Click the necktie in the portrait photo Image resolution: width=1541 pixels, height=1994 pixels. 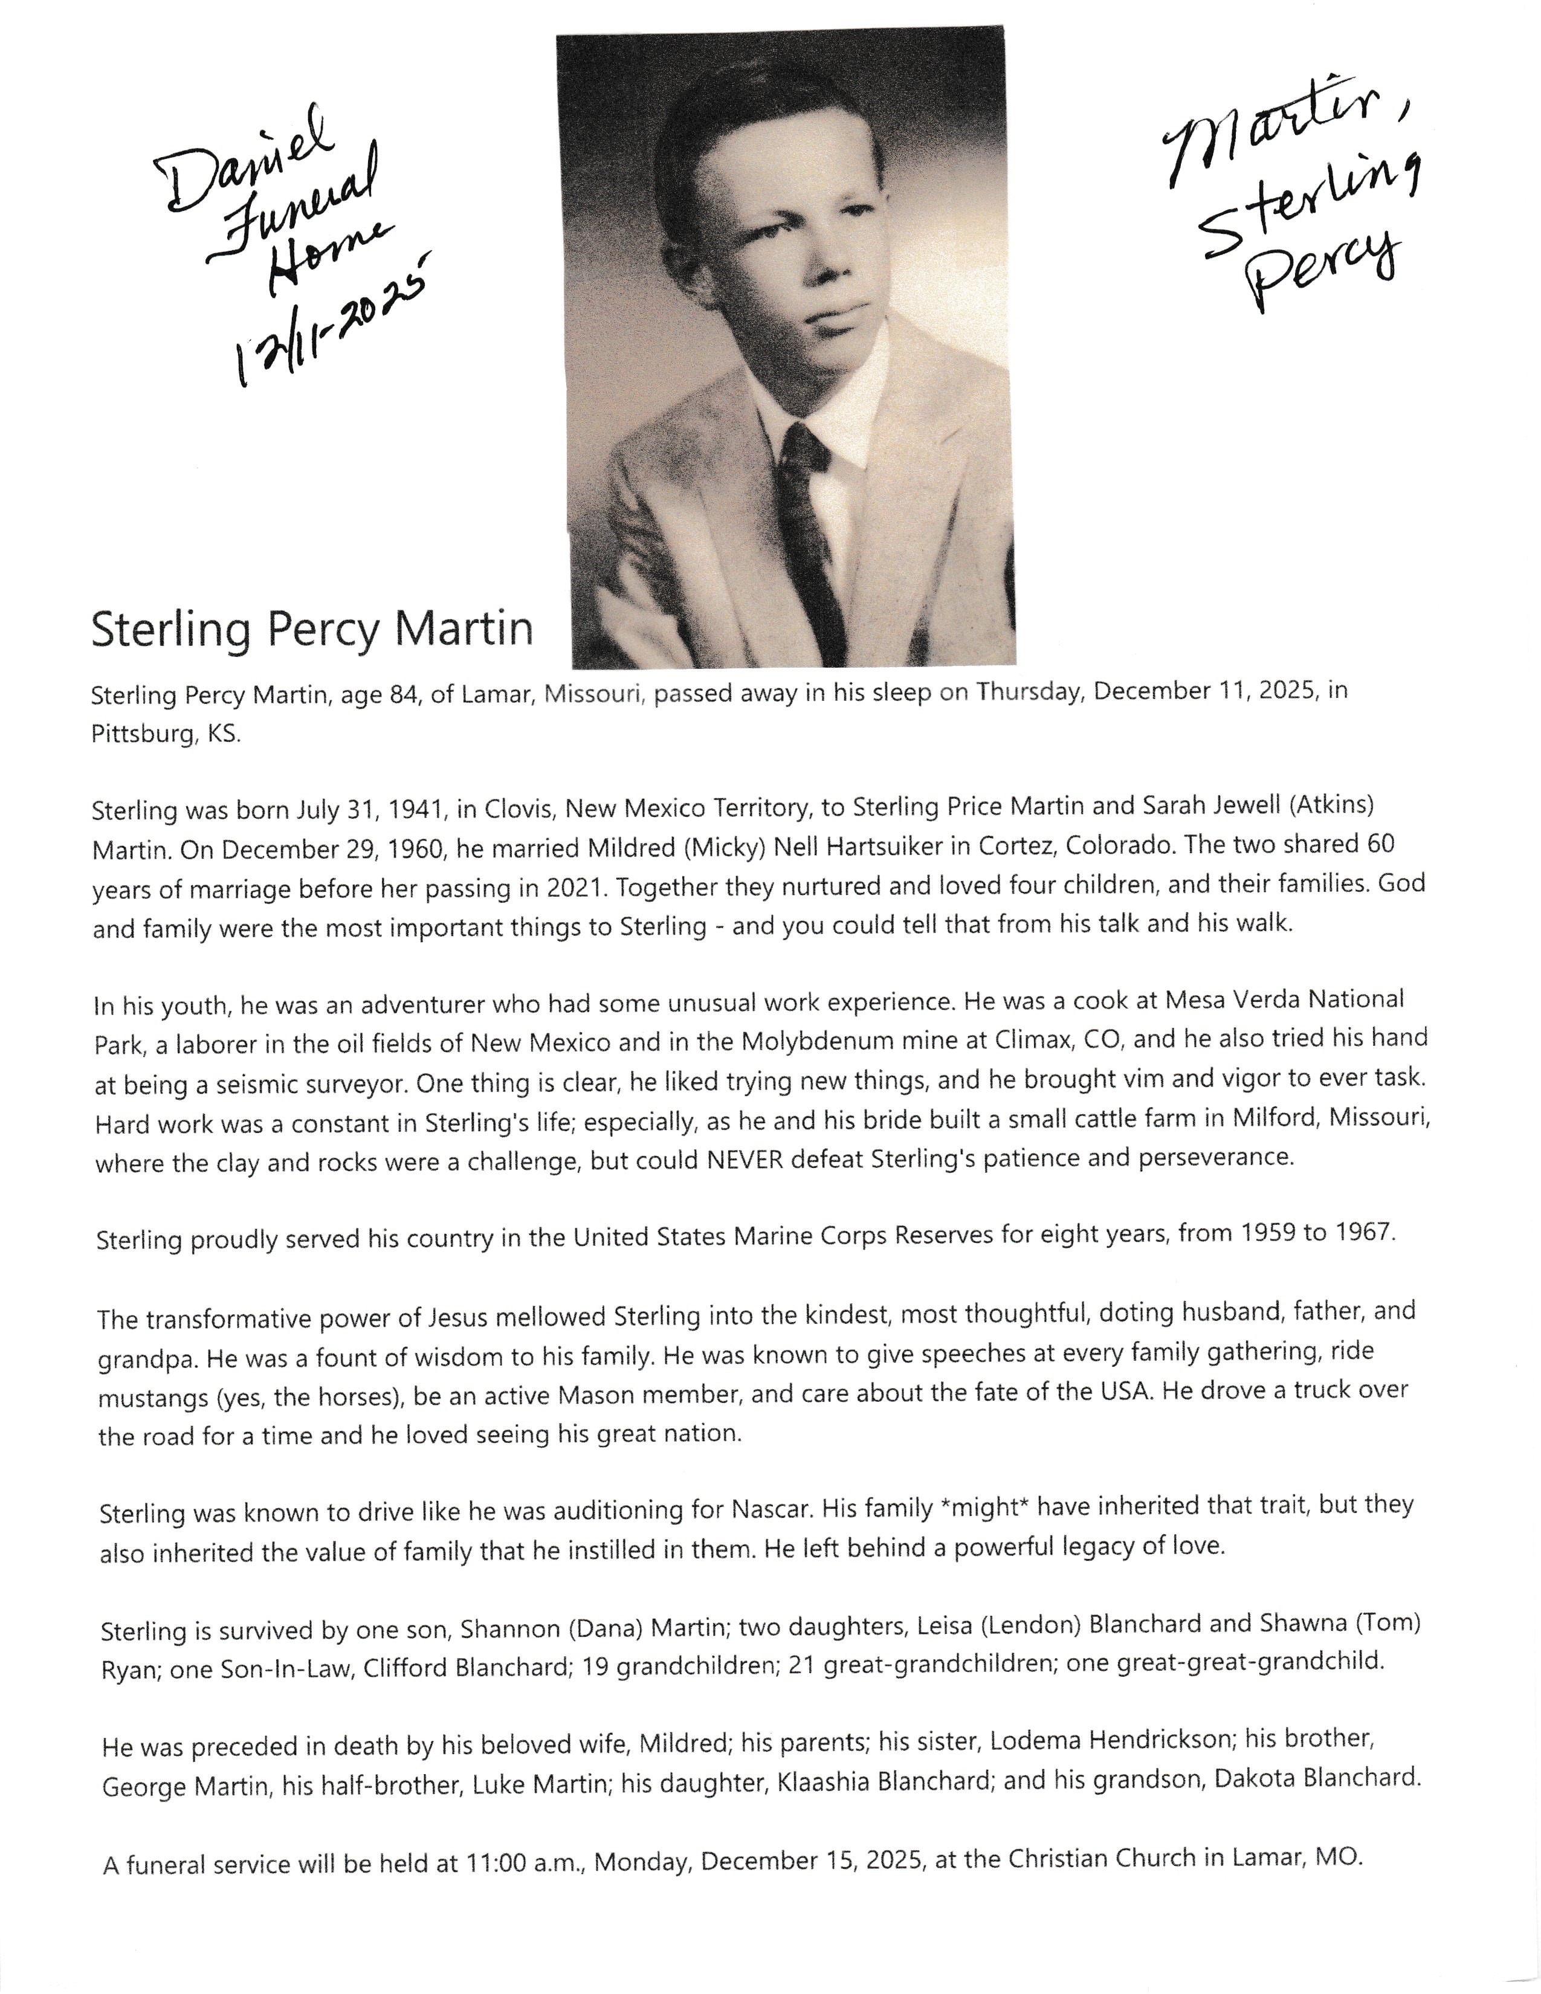809,538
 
